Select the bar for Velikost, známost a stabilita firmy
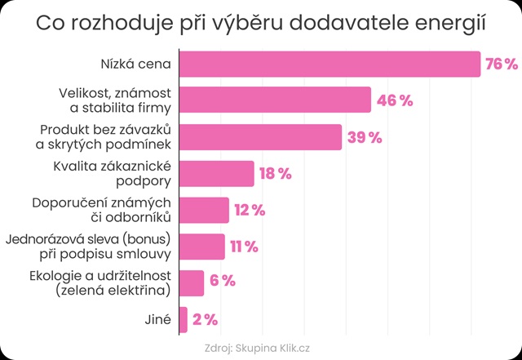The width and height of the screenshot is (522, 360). point(275,100)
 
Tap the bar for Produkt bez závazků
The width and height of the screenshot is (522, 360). point(260,136)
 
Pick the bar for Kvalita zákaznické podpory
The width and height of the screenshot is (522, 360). point(216,173)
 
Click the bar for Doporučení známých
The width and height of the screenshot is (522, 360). point(204,210)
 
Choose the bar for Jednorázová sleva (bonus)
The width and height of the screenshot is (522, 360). point(201,247)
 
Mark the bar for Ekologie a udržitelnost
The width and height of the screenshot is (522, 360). point(191,282)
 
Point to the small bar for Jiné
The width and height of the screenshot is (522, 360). point(183,319)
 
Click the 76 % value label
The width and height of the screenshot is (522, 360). point(502,64)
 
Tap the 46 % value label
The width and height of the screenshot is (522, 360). point(395,100)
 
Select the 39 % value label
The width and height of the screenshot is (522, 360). point(365,137)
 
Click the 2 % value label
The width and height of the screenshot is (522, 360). point(205,320)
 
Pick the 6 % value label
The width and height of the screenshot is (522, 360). point(222,282)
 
